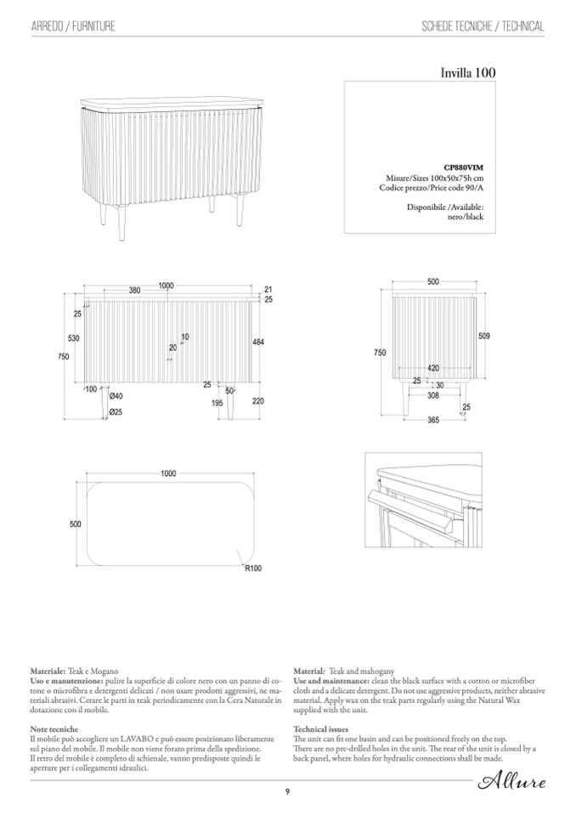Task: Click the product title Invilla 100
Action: pyautogui.click(x=466, y=73)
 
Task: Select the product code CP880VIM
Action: pyautogui.click(x=464, y=168)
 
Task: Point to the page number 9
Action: pyautogui.click(x=288, y=792)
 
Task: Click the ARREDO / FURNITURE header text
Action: pyautogui.click(x=73, y=27)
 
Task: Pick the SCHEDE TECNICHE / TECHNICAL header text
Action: pyautogui.click(x=483, y=27)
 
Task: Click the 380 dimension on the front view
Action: pyautogui.click(x=134, y=291)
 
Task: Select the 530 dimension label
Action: pyautogui.click(x=74, y=339)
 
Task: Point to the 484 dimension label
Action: pyautogui.click(x=258, y=342)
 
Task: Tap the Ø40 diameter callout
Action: pyautogui.click(x=116, y=396)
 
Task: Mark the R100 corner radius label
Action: pyautogui.click(x=253, y=569)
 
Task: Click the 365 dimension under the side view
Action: pyautogui.click(x=432, y=420)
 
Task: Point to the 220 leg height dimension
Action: pyautogui.click(x=258, y=401)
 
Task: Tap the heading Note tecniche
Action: pyautogui.click(x=54, y=729)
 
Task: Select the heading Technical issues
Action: pyautogui.click(x=319, y=729)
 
